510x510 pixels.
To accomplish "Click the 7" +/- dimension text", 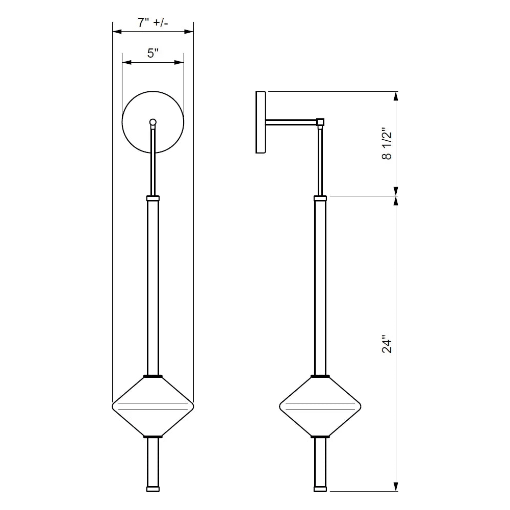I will point(153,22).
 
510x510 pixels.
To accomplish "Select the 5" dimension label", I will point(153,53).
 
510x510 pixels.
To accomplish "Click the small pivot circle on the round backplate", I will point(152,122).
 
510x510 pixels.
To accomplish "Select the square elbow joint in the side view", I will point(320,122).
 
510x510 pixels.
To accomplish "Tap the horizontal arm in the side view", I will point(291,122).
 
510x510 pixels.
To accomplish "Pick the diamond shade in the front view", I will point(153,406).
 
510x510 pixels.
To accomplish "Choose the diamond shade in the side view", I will point(320,406).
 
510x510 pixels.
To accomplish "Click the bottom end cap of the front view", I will point(153,489).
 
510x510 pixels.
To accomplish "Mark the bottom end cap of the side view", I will point(320,489).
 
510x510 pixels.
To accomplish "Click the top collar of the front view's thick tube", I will point(153,198).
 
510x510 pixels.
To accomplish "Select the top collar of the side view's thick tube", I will point(320,198).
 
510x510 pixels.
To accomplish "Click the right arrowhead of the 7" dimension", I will point(190,32).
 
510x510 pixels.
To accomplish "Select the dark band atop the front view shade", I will point(153,376).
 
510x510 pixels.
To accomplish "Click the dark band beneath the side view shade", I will point(320,437).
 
